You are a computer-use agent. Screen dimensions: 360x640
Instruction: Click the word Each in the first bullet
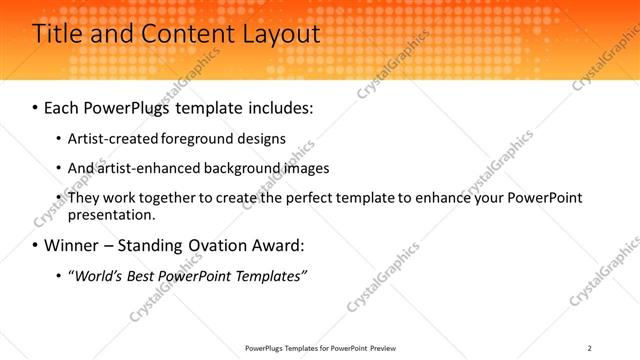[x=64, y=106]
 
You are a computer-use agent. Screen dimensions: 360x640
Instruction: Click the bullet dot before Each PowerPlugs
[x=36, y=107]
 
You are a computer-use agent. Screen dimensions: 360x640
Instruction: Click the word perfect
[x=303, y=198]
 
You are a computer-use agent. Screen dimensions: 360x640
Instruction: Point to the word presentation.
[x=111, y=214]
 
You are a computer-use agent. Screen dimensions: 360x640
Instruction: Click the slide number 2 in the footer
[x=590, y=348]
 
